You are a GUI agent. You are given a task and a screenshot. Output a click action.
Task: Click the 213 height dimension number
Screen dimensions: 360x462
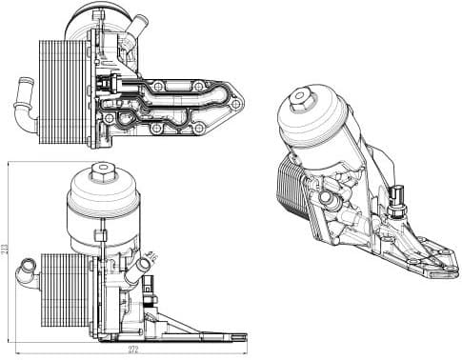[7, 250]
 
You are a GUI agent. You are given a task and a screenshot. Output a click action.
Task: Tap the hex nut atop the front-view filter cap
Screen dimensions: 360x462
[100, 172]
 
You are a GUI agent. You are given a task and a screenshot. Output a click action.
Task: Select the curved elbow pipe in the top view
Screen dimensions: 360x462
[25, 102]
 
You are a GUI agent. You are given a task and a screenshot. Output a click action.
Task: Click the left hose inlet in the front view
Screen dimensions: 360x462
[25, 270]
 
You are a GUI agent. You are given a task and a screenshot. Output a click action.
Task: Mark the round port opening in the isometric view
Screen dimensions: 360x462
[331, 199]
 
